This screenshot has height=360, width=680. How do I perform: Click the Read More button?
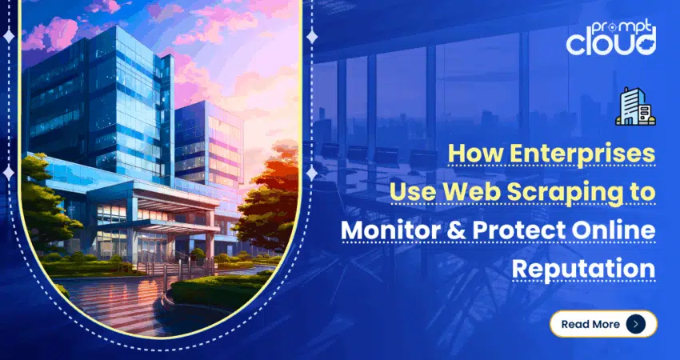(x=603, y=324)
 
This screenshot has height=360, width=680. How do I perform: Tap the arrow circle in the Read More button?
(x=636, y=324)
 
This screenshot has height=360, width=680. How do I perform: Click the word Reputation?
(x=584, y=268)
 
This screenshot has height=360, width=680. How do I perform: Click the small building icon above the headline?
(x=635, y=106)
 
